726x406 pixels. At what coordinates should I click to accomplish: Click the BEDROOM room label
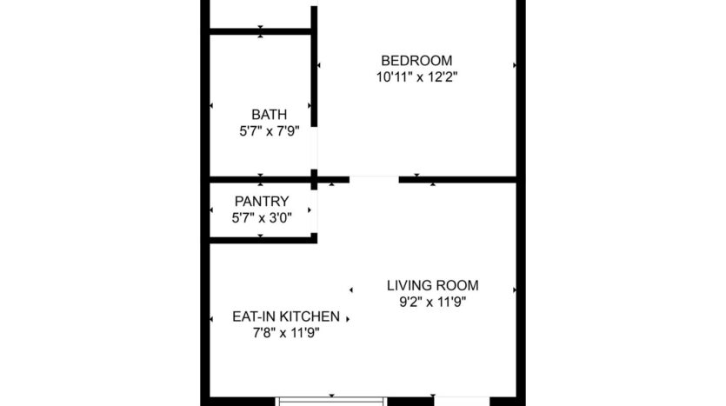click(x=416, y=61)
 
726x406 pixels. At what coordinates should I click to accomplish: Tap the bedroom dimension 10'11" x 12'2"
click(x=416, y=77)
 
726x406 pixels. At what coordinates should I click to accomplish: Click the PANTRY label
click(x=262, y=202)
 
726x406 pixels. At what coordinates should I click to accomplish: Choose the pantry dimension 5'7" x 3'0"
click(x=262, y=217)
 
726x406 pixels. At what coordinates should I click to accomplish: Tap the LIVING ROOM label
click(x=432, y=285)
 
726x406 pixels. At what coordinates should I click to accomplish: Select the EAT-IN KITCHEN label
click(x=285, y=316)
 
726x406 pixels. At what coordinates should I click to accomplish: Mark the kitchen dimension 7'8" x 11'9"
click(x=285, y=333)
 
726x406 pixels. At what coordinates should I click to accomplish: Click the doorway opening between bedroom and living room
click(x=374, y=180)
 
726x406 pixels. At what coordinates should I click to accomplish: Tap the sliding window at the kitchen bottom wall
click(x=330, y=401)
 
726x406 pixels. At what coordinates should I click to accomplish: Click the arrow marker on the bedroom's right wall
click(x=515, y=65)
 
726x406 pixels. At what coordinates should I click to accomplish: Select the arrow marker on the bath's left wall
click(x=211, y=106)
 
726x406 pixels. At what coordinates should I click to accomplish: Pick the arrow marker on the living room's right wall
click(x=515, y=290)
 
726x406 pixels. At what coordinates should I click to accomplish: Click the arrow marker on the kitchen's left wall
click(x=211, y=319)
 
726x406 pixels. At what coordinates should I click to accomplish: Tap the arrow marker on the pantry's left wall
click(x=211, y=210)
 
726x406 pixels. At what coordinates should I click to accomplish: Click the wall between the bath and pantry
click(x=261, y=181)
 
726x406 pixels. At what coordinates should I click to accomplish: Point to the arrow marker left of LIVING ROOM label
click(x=351, y=290)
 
